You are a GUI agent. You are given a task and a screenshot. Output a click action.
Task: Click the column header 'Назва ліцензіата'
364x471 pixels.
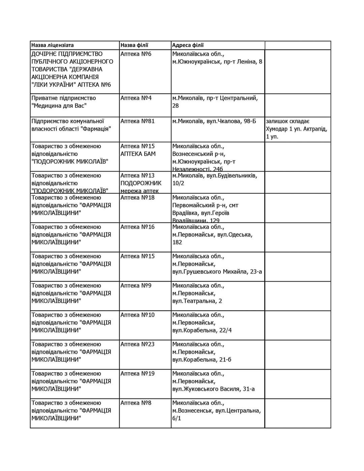coord(53,45)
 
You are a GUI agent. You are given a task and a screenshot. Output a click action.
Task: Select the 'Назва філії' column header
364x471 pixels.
coord(134,45)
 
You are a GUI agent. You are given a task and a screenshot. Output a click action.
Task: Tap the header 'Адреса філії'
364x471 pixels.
coord(188,45)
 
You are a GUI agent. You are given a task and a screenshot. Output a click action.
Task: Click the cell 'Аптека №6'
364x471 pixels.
coord(136,54)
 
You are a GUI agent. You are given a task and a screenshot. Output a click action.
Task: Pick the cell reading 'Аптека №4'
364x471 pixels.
coord(136,98)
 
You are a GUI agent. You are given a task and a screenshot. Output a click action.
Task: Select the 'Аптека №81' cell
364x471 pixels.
coord(138,121)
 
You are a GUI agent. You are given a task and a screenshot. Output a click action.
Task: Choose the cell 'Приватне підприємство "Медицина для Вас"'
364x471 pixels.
coord(64,102)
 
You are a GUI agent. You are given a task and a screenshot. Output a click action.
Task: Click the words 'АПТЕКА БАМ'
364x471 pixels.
coord(138,154)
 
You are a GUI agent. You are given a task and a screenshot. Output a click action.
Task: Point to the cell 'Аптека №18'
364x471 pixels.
coord(138,197)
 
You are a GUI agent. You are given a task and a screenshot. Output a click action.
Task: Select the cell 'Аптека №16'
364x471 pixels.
coord(138,227)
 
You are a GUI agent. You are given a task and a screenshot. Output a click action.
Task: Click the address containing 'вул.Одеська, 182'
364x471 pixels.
coord(212,234)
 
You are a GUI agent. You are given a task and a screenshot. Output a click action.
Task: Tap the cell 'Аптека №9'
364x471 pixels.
coord(136,285)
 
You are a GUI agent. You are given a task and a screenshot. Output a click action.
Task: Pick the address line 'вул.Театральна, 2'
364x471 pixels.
coord(197,301)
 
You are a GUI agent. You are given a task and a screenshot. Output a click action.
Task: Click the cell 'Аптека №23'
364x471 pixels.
coord(138,344)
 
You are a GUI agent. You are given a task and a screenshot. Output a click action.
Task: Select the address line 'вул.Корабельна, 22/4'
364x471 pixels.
coord(202,330)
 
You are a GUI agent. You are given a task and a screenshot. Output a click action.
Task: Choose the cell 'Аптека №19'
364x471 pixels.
coord(138,373)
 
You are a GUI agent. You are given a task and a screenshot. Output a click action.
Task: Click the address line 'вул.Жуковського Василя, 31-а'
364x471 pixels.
coord(213,389)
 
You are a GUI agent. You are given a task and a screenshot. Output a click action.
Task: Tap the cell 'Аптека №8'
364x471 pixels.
coord(136,403)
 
